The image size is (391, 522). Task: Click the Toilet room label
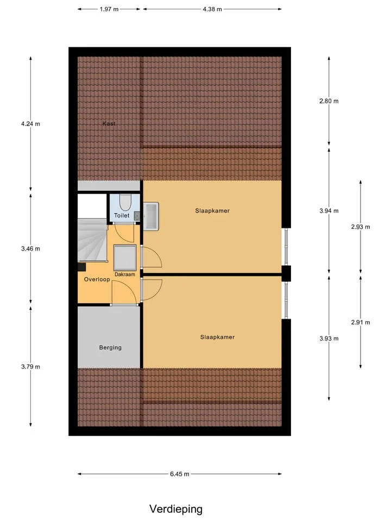point(122,215)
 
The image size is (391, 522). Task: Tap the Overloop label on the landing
point(97,279)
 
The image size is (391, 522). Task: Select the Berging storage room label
point(110,347)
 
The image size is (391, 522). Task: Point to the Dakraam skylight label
point(125,274)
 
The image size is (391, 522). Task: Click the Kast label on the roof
point(109,123)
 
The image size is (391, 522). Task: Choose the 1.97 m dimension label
point(109,9)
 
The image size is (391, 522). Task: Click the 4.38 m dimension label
point(212,9)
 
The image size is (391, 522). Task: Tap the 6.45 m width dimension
point(180,474)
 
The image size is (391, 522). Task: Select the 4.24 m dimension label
point(30,124)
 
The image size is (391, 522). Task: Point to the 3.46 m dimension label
point(30,248)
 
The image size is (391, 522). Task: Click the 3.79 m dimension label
point(30,366)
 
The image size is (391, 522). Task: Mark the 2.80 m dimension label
point(329,101)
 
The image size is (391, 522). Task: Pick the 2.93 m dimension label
point(361,227)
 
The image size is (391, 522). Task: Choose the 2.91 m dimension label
point(361,322)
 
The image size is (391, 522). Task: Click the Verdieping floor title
point(176,509)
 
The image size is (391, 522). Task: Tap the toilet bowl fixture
point(125,202)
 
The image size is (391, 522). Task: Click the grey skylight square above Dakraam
point(125,258)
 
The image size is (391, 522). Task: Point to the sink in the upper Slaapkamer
point(151,216)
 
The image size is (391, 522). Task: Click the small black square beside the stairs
point(82,267)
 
